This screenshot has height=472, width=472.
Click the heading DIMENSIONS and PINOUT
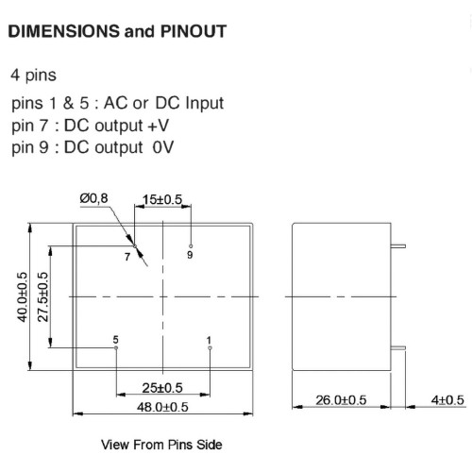pos(117,31)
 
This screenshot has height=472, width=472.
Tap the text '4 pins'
pos(34,75)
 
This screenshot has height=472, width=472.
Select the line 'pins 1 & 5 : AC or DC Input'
pos(117,103)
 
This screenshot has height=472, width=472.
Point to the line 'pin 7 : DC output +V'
pos(90,126)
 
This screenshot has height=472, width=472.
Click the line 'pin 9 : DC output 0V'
pos(93,147)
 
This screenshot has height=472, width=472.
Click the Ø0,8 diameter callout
pos(93,198)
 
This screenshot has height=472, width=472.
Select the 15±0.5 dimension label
pos(162,199)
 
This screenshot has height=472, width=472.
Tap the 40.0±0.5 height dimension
pos(23,297)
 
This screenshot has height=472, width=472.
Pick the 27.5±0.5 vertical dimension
pos(42,297)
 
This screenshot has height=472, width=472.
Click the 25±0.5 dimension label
pos(162,388)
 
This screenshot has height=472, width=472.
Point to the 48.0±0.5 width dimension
pos(162,407)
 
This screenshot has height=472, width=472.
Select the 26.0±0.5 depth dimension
pos(341,400)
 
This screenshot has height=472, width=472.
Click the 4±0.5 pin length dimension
pos(447,400)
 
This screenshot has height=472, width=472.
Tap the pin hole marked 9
pos(191,246)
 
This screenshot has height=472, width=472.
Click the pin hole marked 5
pos(116,347)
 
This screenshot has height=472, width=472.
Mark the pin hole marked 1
pos(210,347)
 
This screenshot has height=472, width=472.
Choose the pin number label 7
pos(127,257)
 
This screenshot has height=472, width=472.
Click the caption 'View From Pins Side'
pos(161,445)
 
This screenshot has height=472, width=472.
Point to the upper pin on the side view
pos(398,246)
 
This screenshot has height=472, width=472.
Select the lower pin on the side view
pos(398,347)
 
